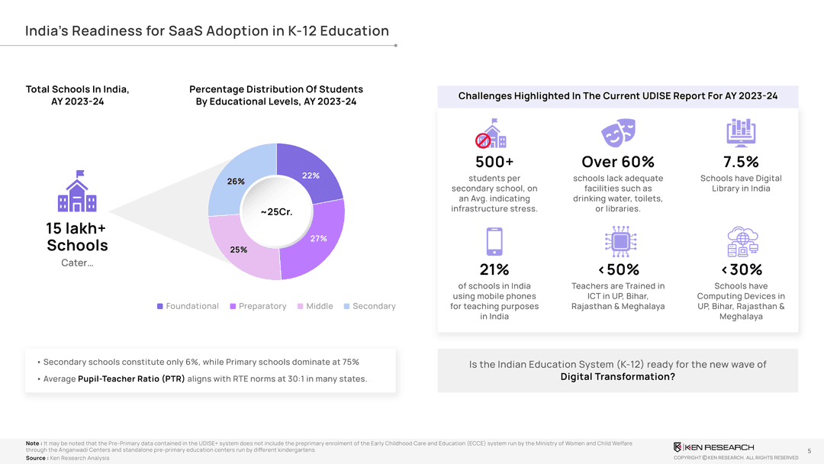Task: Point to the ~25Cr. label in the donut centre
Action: [x=276, y=211]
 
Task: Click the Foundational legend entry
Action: [x=188, y=306]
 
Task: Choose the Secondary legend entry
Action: [x=369, y=306]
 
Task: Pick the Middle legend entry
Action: [x=315, y=306]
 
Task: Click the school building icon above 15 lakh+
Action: [x=77, y=192]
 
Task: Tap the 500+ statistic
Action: [x=494, y=162]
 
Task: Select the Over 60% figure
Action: [x=617, y=162]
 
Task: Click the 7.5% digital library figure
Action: [x=741, y=162]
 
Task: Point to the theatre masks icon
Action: [x=617, y=134]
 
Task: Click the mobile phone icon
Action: [x=494, y=241]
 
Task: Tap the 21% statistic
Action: [x=494, y=269]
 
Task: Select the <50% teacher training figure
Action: [x=618, y=269]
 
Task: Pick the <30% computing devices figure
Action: [x=741, y=269]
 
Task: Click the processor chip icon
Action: [x=618, y=241]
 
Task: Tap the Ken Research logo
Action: [x=713, y=446]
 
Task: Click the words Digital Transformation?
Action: [x=617, y=377]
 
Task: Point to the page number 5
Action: [x=809, y=451]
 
